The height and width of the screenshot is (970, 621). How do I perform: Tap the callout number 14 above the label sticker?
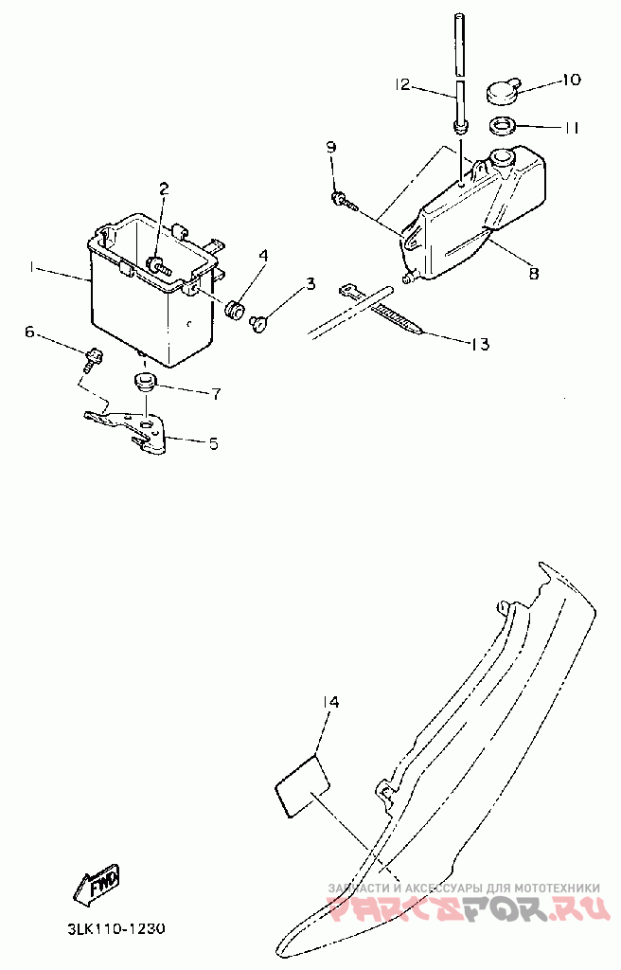(x=330, y=702)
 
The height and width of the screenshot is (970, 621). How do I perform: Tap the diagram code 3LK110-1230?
(x=116, y=929)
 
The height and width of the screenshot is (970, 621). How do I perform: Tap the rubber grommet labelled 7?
(x=144, y=381)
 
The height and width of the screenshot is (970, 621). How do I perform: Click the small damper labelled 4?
(x=235, y=311)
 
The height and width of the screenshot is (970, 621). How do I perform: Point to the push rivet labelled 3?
(x=258, y=323)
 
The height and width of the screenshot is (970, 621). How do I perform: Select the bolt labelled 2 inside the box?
(x=158, y=266)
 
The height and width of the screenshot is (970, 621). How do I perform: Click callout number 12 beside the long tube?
(x=402, y=84)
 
